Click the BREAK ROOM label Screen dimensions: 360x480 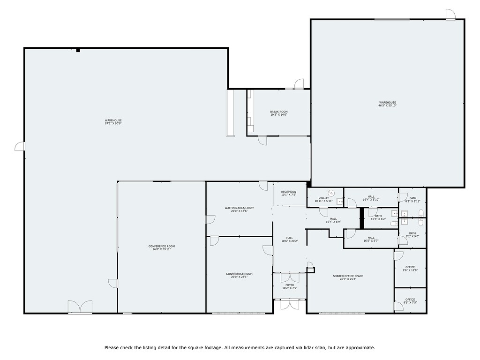(278, 112)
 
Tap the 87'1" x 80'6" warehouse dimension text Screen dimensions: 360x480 (113, 124)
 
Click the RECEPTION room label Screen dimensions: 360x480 (288, 192)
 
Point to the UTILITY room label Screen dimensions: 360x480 (323, 198)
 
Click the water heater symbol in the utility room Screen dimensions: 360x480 (331, 192)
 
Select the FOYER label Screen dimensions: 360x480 (290, 285)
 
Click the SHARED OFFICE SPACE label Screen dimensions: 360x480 (348, 276)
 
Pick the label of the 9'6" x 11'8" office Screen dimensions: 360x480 (410, 267)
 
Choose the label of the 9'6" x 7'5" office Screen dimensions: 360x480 (410, 300)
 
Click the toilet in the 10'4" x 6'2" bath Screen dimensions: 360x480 (393, 225)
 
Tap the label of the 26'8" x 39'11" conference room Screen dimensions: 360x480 (161, 246)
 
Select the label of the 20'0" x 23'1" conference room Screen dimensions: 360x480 (239, 274)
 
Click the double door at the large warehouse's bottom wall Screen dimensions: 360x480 (80, 307)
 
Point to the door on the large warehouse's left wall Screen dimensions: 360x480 (20, 147)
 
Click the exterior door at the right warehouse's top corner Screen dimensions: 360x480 (450, 15)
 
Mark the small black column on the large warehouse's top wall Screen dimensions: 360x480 (78, 50)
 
